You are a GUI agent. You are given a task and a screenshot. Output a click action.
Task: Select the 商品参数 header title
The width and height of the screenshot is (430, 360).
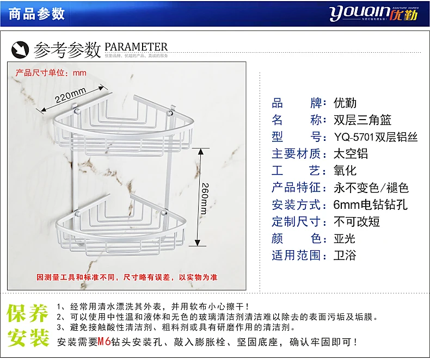(x=37, y=14)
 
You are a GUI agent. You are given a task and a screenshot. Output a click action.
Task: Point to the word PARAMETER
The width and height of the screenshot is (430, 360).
(x=136, y=47)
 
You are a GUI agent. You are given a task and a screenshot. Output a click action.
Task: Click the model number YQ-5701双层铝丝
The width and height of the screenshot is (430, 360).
(x=375, y=137)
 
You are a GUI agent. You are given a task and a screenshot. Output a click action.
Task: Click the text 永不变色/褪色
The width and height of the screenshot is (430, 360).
(x=370, y=188)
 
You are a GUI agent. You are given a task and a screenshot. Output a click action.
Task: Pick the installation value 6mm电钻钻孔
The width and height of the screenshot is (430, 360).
(x=370, y=204)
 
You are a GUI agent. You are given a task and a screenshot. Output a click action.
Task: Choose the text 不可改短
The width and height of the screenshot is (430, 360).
(x=356, y=221)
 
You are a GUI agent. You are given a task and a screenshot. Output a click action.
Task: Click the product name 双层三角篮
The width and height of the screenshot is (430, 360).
(x=362, y=120)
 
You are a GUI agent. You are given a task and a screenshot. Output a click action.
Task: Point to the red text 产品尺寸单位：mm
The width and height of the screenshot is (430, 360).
(x=51, y=73)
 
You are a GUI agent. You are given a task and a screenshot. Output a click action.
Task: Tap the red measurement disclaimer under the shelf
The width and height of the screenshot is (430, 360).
(x=126, y=277)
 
